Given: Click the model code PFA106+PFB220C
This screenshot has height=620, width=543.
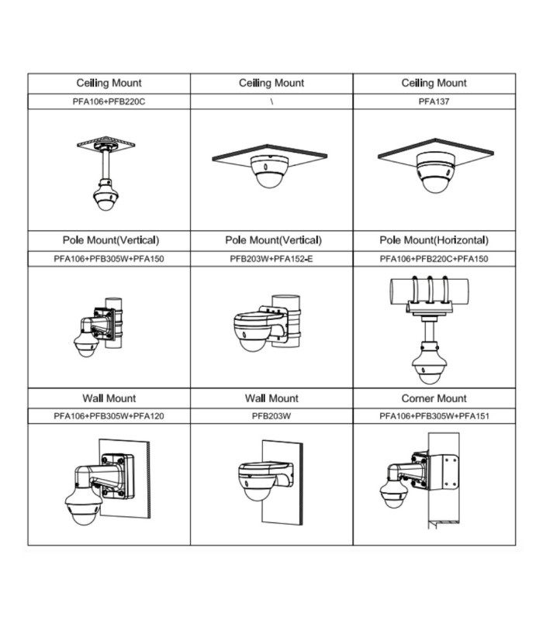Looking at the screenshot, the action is tap(109, 102).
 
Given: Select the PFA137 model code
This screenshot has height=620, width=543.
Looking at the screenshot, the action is tap(434, 102).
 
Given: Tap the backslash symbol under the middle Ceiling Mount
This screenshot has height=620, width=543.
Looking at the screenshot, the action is tap(271, 102).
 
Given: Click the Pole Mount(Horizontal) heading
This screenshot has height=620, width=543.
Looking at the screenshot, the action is tap(434, 240).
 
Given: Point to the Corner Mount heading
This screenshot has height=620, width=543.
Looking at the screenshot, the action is tap(434, 398).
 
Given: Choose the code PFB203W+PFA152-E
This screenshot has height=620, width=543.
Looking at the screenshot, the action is tap(271, 259).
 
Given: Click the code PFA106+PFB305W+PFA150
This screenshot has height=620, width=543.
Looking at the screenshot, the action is tap(109, 259).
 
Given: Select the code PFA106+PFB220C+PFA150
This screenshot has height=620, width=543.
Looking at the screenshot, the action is tap(434, 259).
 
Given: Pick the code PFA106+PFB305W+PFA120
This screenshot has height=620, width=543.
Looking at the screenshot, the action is tap(109, 416).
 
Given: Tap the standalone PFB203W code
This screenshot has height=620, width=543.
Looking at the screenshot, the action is tap(271, 416).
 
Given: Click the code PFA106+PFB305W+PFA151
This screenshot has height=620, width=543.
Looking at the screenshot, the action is tap(434, 416).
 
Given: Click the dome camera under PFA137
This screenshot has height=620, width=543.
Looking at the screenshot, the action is tap(435, 173).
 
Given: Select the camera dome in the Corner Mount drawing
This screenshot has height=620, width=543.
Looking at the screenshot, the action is tap(394, 494).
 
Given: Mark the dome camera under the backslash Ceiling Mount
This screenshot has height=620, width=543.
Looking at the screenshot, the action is tap(269, 171).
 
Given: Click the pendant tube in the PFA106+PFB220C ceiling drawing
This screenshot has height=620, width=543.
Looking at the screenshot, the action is tap(105, 165).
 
